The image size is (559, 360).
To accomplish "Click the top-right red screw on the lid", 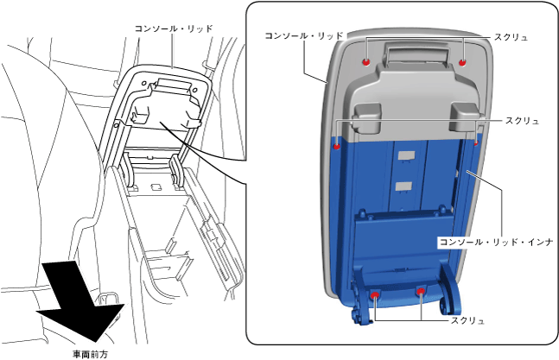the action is (x=462, y=61).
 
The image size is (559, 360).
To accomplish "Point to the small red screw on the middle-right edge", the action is (x=476, y=143).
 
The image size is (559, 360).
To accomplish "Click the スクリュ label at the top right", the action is (x=510, y=38).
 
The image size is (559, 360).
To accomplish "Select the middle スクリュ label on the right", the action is (x=522, y=121).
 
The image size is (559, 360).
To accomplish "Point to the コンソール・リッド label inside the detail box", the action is (x=303, y=36).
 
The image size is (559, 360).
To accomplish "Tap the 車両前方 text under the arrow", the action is (x=91, y=352).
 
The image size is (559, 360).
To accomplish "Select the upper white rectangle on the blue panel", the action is (x=404, y=155).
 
